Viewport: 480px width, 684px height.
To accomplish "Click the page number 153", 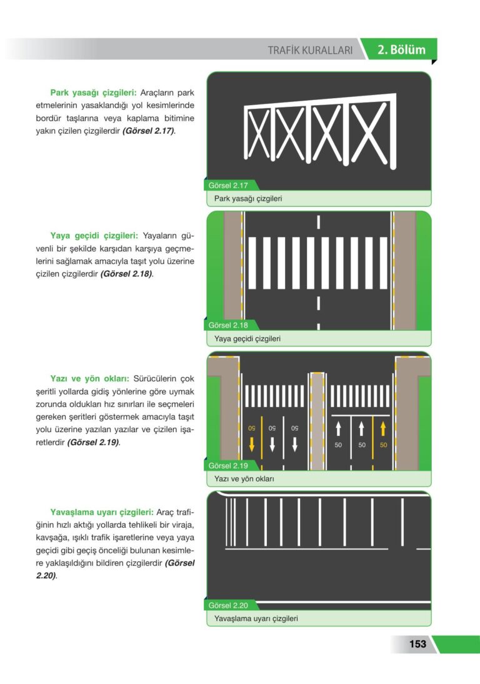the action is [x=417, y=644].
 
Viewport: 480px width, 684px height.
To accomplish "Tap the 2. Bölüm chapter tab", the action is [x=401, y=50].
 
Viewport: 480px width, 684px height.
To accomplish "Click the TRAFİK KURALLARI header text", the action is [x=310, y=50].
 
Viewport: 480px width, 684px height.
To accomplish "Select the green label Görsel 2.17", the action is [x=228, y=186].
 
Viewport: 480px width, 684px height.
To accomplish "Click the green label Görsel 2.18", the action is [x=228, y=325].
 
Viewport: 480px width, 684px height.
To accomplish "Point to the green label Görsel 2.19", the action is [x=228, y=465].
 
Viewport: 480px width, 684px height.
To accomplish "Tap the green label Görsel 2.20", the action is [x=228, y=605].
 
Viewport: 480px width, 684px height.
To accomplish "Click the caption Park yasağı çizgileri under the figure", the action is [x=248, y=198].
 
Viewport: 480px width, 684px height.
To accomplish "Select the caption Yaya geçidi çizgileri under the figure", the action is [x=247, y=338].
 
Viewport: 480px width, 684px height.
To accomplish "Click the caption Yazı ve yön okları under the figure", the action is [x=244, y=478].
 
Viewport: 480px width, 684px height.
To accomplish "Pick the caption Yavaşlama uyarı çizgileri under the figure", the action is [x=256, y=618].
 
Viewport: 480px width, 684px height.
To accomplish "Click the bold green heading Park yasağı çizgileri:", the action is [x=93, y=93].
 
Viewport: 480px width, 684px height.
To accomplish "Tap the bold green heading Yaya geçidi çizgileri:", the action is [x=94, y=236].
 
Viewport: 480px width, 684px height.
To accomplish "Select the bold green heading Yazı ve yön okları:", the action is [x=90, y=379].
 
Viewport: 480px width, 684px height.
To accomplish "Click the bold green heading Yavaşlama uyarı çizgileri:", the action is [x=102, y=512].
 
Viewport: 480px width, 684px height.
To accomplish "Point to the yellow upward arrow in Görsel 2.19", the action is [x=383, y=428].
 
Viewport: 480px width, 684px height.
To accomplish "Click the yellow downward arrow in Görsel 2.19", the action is [x=251, y=444].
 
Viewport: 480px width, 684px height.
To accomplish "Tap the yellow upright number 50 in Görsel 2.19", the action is [x=383, y=445].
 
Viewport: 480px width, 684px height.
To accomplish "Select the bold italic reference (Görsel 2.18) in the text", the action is [x=127, y=274].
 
